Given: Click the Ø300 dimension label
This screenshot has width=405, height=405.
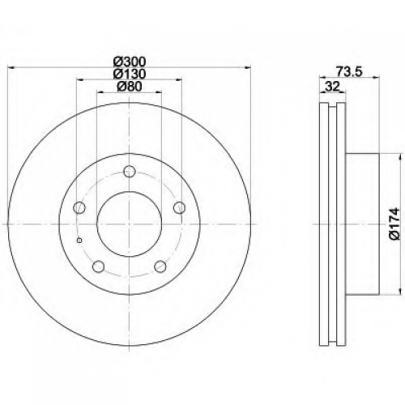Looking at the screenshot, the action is [130, 62].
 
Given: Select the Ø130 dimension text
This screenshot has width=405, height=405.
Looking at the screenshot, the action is [130, 74].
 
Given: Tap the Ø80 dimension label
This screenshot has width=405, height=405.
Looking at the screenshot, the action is [130, 87].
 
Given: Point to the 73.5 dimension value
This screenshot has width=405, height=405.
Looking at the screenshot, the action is [350, 72].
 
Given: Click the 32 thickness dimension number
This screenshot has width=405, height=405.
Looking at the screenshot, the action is [332, 87].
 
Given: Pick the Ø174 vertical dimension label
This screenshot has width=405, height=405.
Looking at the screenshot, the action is [394, 224].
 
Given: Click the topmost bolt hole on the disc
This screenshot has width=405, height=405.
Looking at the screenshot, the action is [130, 171].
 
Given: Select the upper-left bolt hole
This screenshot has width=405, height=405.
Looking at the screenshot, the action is [79, 207].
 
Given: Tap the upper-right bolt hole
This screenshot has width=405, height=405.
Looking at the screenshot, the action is [179, 207].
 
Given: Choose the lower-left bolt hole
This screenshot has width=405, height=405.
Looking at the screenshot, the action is [98, 266].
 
